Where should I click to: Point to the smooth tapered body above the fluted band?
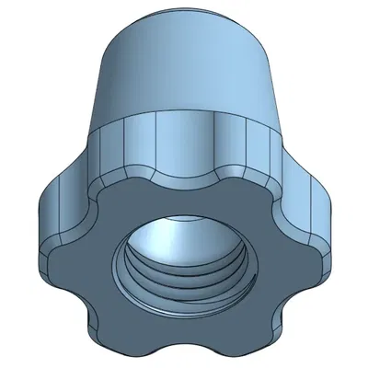[x=184, y=74]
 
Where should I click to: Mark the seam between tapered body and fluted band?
[x=184, y=119]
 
